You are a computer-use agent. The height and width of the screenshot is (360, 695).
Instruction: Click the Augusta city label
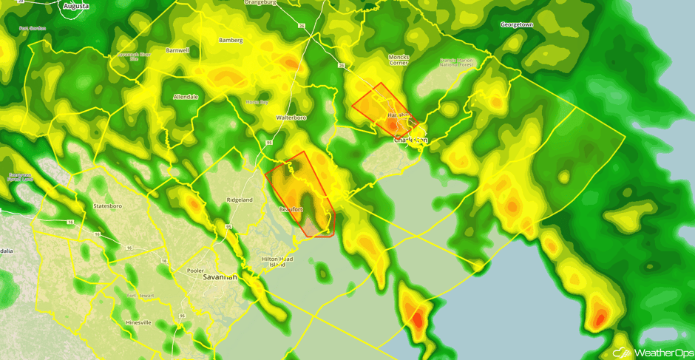point(76,6)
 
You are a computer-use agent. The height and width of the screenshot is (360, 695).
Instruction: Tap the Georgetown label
point(517,24)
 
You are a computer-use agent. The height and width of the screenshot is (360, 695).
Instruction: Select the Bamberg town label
point(231,40)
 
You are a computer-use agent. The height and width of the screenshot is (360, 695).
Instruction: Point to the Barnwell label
point(177,50)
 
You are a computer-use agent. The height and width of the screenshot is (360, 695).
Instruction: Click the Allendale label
point(185,97)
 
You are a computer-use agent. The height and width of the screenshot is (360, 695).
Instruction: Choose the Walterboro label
point(291,118)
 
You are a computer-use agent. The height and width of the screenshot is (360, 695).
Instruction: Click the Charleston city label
point(410,139)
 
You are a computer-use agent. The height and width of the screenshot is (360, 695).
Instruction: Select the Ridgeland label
point(240,200)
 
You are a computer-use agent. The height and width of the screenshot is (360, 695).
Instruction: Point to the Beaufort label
point(291,210)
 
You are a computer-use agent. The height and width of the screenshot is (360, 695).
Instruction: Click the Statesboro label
point(108,206)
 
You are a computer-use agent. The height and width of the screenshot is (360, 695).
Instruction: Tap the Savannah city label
point(217,277)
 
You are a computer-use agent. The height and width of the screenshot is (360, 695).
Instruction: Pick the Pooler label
point(195,271)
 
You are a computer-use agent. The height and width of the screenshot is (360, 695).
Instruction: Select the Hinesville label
point(138,322)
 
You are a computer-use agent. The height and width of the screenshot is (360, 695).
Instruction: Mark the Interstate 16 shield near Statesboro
point(97,234)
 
